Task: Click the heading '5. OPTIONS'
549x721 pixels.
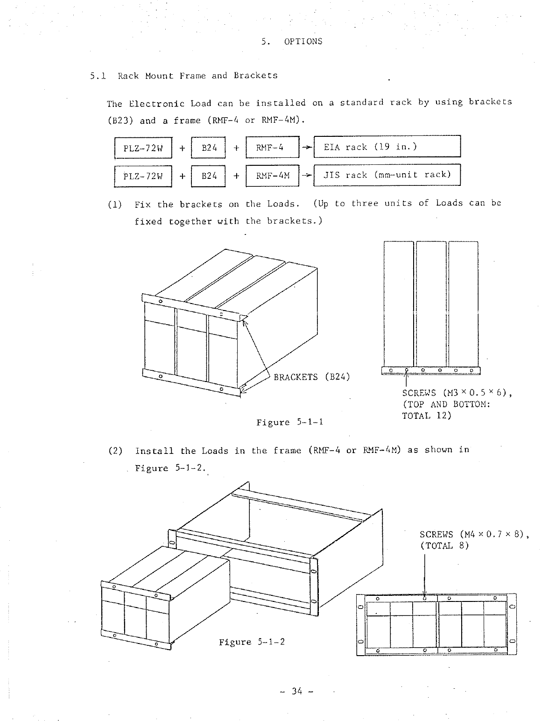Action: coord(292,41)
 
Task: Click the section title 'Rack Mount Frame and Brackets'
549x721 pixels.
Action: coord(197,76)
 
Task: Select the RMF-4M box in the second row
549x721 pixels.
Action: coord(273,176)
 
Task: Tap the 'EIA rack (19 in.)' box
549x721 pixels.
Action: coord(387,147)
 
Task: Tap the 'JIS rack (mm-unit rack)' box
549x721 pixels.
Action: coord(387,175)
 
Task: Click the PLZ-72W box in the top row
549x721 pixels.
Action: coord(143,148)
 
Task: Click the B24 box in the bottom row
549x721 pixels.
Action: coord(208,176)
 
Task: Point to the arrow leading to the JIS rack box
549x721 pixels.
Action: coord(306,176)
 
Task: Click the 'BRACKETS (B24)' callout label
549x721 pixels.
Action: coord(311,377)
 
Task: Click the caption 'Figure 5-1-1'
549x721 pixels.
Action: coord(290,423)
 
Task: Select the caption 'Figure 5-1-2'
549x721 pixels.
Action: coord(252,642)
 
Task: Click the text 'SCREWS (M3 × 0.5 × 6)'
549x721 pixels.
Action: coord(456,393)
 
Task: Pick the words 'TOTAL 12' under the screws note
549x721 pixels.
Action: coord(427,416)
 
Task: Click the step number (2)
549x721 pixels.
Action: coord(115,451)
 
